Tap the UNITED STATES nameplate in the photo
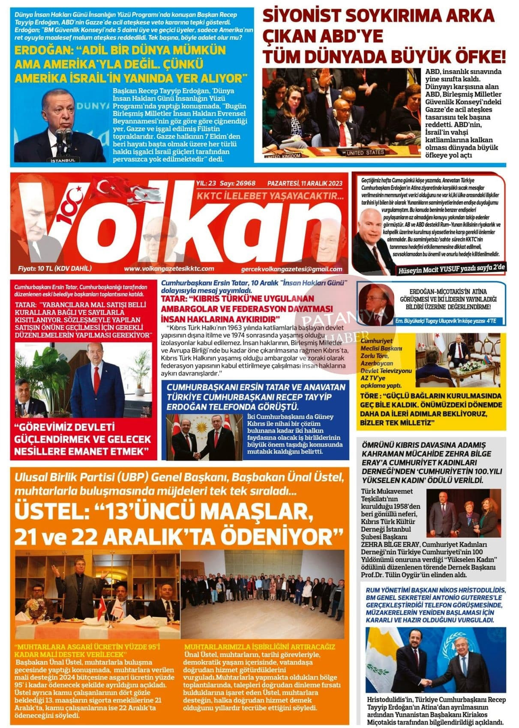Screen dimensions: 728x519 pos(365,152)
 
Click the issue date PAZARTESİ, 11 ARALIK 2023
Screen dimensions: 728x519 pos(305,183)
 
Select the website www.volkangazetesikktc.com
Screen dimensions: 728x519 pos(169,269)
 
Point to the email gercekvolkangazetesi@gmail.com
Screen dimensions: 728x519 pos(291,269)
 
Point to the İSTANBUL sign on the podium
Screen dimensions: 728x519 pos(63,160)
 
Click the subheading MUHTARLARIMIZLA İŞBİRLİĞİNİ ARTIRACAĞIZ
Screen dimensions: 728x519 pos(259,647)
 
